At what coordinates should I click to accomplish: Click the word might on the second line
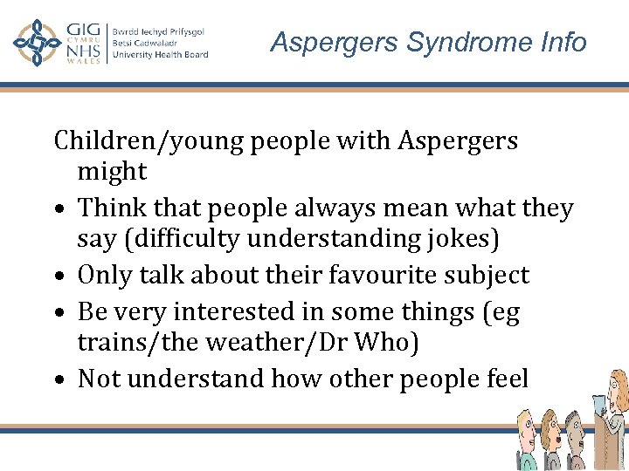(112, 173)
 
